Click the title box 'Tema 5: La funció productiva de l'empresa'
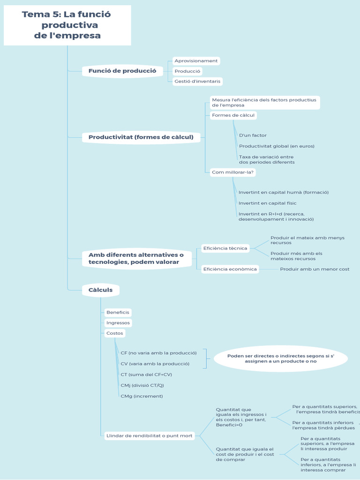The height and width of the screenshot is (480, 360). (67, 25)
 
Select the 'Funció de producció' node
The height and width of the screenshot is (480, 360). (122, 71)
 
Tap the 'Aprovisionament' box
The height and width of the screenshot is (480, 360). (196, 61)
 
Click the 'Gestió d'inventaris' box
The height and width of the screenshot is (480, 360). (197, 81)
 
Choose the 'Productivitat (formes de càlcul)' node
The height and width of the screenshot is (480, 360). (141, 137)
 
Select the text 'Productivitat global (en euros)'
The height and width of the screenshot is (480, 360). (277, 146)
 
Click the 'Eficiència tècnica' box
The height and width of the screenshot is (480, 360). (225, 248)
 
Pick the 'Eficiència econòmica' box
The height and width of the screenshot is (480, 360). (230, 269)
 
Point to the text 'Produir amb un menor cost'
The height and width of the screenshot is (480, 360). (315, 269)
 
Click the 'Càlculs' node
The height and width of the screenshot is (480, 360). (101, 290)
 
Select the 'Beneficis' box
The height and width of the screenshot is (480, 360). (118, 312)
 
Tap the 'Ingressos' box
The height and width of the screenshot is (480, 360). (118, 323)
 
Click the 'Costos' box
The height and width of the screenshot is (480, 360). (115, 333)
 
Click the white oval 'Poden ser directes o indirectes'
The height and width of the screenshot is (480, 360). (281, 359)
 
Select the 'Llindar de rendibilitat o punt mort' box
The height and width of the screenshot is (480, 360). (150, 436)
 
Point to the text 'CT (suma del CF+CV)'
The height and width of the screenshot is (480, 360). (146, 375)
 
